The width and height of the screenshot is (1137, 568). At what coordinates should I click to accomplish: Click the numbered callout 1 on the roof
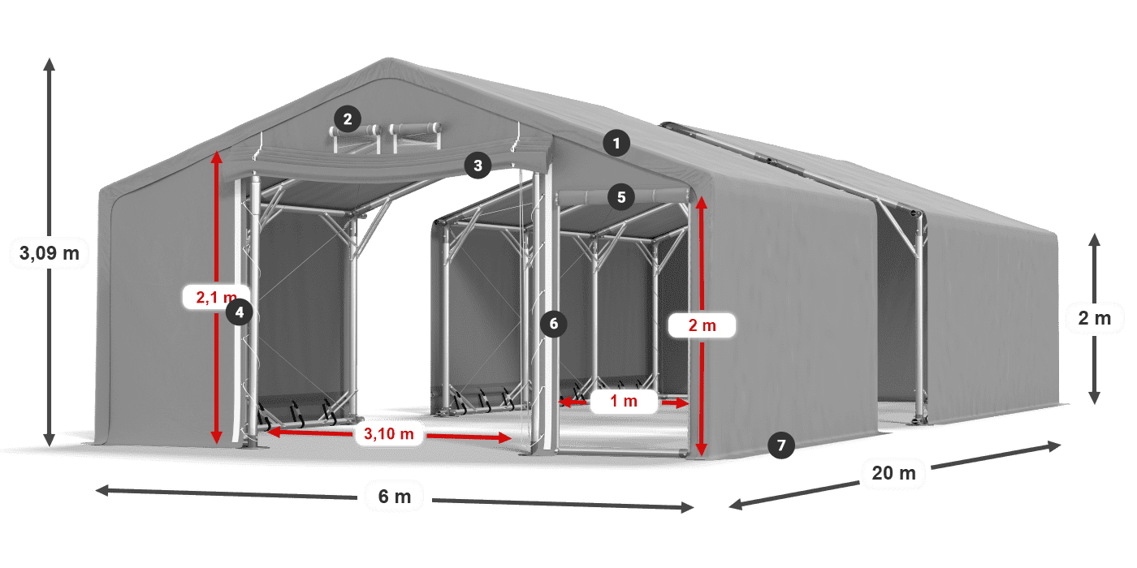tap(616, 144)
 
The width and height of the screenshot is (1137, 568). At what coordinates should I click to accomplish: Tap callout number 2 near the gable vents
tap(348, 119)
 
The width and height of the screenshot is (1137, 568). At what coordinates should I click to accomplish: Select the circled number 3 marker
tap(478, 165)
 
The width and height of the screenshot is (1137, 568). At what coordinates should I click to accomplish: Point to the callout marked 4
tap(239, 312)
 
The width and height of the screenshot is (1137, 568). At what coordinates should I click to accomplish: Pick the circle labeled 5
tap(621, 197)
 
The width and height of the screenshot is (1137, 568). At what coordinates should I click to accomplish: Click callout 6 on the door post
tap(553, 324)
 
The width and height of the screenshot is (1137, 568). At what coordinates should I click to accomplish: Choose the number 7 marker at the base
tap(781, 445)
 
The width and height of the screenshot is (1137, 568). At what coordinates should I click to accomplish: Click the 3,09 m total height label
tap(50, 253)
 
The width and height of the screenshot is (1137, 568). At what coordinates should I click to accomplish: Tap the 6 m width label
tap(395, 497)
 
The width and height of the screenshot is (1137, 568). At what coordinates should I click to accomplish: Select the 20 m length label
tap(894, 473)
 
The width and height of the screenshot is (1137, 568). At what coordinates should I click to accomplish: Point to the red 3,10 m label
tap(389, 433)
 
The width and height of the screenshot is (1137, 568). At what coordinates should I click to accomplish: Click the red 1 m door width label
tap(624, 401)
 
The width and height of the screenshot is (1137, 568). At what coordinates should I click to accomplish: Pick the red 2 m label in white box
tap(702, 325)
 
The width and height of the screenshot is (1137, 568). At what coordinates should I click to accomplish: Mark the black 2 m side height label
tap(1095, 318)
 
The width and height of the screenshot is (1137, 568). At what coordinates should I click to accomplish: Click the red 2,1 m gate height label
tap(216, 297)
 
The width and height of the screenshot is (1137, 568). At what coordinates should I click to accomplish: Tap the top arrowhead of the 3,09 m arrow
tap(50, 63)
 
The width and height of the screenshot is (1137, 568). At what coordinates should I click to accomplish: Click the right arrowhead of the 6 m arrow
tap(687, 507)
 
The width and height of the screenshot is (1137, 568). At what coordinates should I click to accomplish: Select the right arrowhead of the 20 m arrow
tap(1055, 445)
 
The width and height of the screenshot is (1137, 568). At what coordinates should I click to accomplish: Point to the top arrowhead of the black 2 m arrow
tap(1095, 239)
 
